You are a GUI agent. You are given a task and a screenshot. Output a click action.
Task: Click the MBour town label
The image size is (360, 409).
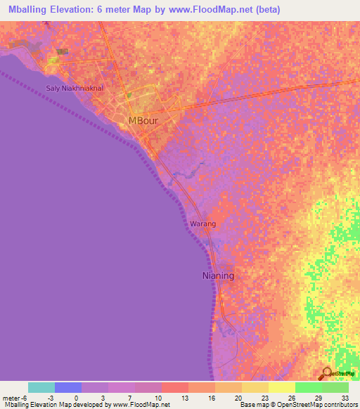(x=144, y=121)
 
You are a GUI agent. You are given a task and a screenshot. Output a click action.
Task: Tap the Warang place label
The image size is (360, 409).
(x=202, y=224)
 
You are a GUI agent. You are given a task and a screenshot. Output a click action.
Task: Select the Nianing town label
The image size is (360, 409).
(x=218, y=276)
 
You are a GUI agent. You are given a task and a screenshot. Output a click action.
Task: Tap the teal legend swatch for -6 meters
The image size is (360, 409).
(x=41, y=387)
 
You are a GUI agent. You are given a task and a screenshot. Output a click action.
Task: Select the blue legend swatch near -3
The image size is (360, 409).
(x=68, y=387)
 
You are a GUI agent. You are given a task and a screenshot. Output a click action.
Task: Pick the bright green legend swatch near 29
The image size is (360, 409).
(x=308, y=387)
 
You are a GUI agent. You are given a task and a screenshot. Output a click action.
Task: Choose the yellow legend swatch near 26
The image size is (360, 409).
(x=281, y=387)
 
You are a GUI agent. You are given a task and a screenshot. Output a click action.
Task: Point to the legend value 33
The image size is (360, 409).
(x=344, y=398)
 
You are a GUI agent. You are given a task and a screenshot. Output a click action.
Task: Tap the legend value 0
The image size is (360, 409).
(x=76, y=398)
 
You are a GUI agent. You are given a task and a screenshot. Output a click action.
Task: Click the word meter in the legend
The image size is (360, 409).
(x=10, y=398)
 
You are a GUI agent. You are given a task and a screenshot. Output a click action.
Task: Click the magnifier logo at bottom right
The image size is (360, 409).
(x=326, y=373)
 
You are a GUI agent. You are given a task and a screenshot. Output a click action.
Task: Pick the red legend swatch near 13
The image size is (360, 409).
(x=174, y=387)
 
